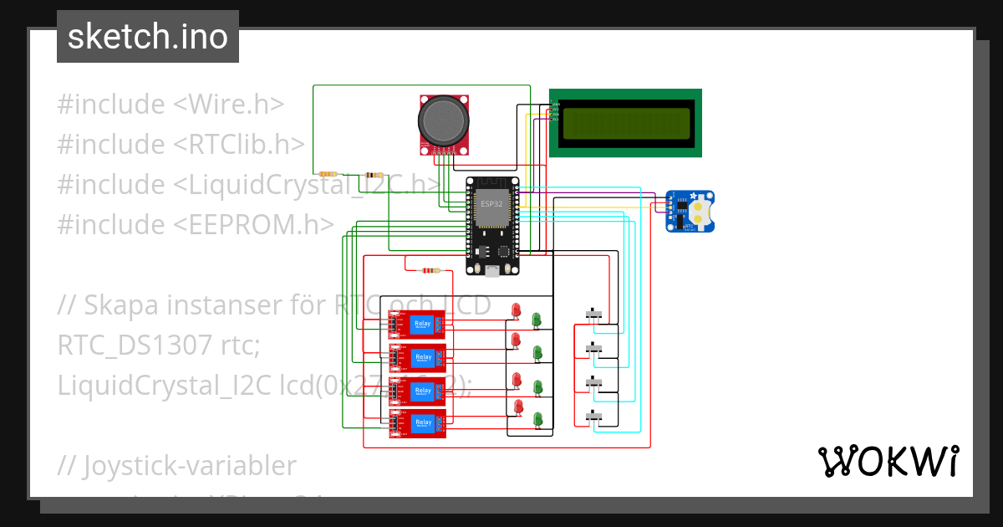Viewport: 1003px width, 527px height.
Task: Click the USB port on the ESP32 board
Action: tap(492, 270)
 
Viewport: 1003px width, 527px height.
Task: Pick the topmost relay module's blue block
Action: tap(422, 325)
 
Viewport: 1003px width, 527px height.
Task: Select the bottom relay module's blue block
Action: tap(422, 423)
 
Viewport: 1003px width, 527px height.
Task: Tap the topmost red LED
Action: tap(516, 310)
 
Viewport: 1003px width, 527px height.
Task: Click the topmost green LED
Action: tap(537, 319)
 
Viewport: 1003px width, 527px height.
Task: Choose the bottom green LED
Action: tap(538, 417)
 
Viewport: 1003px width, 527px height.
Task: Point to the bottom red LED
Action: tap(518, 407)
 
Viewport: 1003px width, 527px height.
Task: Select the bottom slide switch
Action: tap(594, 416)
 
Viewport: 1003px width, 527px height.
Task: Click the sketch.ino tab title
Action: tap(147, 37)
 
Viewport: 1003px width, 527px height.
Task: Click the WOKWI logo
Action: tap(888, 461)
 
